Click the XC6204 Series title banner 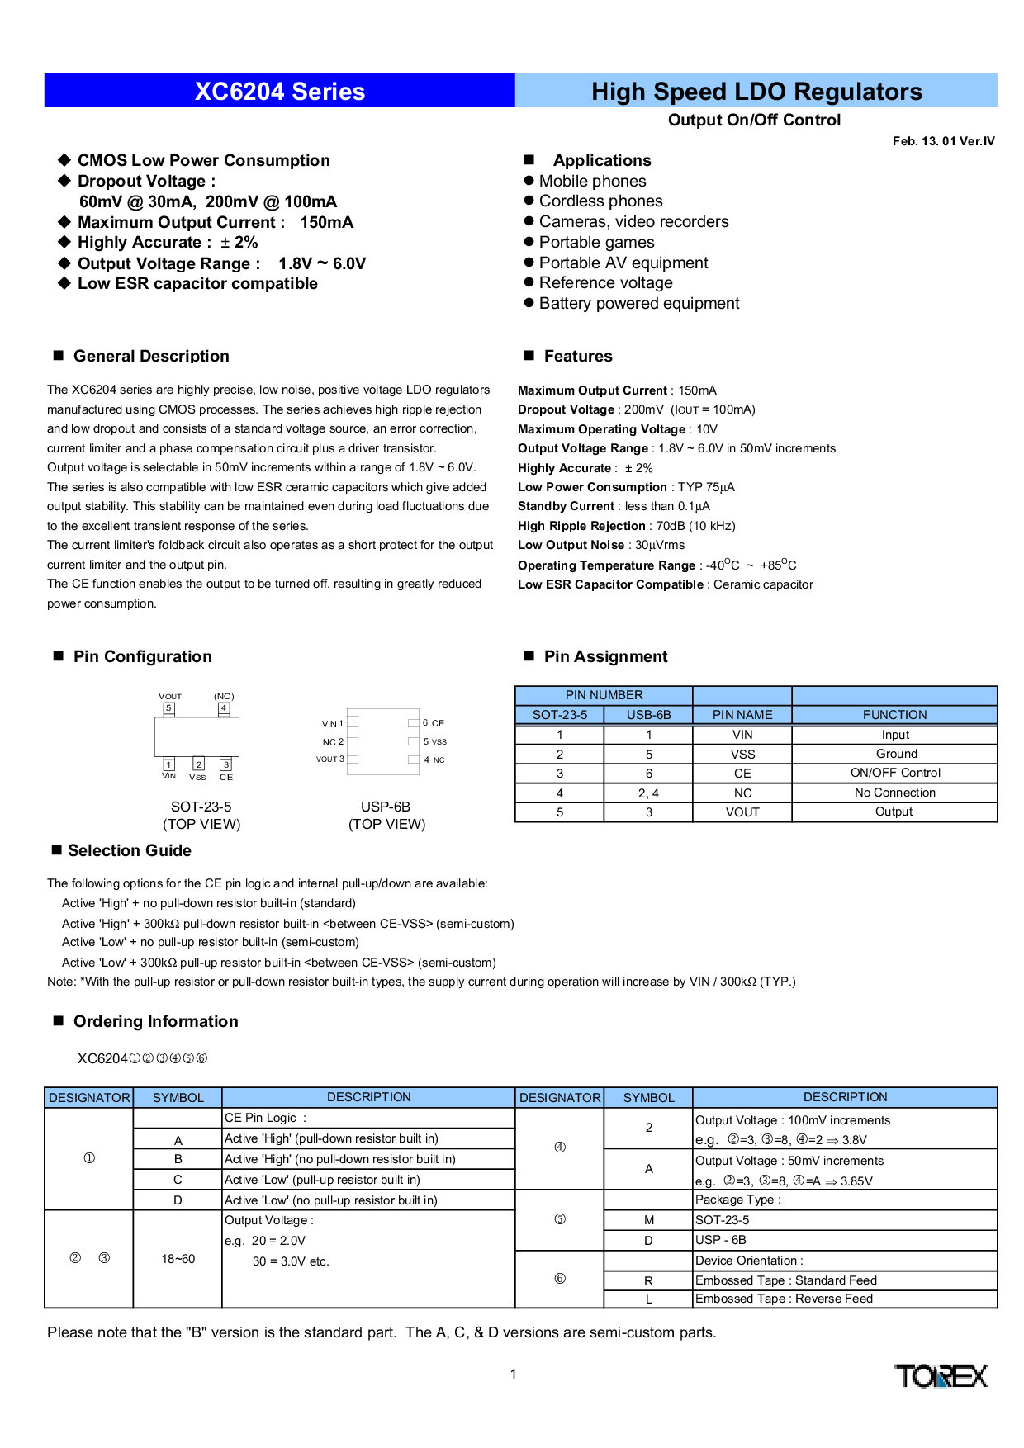(x=279, y=91)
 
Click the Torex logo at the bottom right (x=941, y=1376)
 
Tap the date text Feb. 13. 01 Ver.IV (x=943, y=141)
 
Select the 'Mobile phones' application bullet (x=585, y=181)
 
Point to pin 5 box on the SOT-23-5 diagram (x=168, y=708)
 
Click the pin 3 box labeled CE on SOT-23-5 (x=225, y=764)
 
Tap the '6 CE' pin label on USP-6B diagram (x=434, y=723)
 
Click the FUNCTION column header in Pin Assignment (x=894, y=715)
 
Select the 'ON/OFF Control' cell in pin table (x=895, y=773)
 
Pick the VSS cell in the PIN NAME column (x=742, y=755)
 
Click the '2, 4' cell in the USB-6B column (x=648, y=793)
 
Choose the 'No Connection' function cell (x=895, y=793)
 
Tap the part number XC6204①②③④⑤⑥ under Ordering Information (x=142, y=1058)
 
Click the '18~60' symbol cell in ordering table (x=178, y=1259)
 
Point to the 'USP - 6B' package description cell (x=721, y=1240)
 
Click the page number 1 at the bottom (x=513, y=1375)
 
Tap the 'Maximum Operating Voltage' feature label (x=601, y=429)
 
